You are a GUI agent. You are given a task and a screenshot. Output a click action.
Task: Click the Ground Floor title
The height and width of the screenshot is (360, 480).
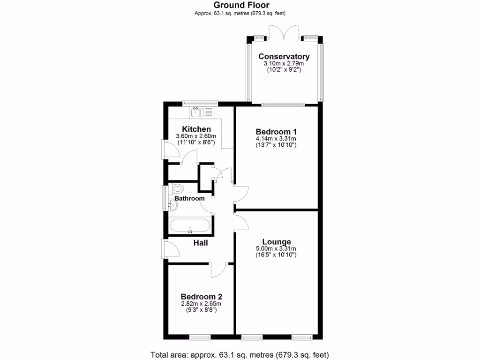241,5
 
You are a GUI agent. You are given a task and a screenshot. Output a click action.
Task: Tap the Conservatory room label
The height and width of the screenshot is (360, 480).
284,57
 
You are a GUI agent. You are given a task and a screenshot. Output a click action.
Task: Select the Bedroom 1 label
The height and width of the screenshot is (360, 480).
276,132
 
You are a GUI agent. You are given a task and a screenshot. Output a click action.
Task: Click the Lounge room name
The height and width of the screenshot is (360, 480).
276,242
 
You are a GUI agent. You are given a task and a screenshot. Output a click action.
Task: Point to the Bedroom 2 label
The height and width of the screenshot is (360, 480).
201,297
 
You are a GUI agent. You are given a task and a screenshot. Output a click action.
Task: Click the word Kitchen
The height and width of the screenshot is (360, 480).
196,129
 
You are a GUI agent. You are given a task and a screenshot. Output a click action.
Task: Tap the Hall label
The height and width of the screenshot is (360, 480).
201,243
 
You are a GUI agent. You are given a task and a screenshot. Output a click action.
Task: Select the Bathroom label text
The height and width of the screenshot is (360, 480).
189,198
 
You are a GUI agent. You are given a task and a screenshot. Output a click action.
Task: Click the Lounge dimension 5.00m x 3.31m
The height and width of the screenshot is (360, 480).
276,249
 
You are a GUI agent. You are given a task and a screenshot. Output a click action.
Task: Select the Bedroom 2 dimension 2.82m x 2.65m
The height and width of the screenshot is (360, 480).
201,304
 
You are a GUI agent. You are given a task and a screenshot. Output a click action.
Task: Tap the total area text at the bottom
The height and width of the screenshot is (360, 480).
240,354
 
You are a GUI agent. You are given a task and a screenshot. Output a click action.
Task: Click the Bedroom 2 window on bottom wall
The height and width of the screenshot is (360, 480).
201,337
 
